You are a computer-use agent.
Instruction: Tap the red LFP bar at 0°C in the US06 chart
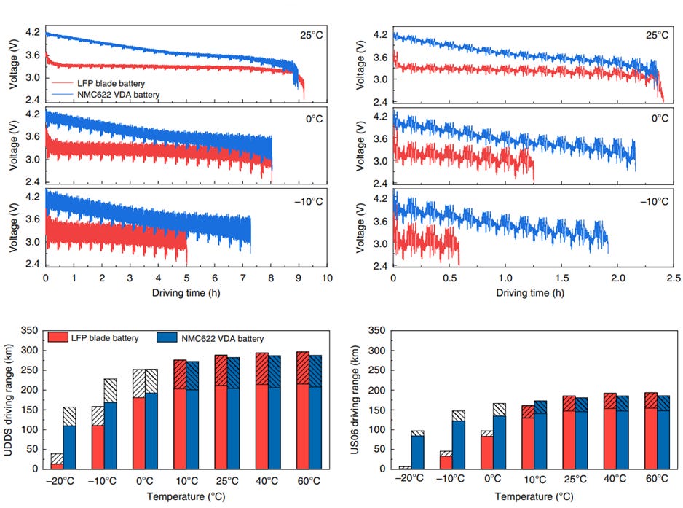(486, 452)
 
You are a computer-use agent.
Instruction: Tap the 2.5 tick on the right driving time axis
(674, 278)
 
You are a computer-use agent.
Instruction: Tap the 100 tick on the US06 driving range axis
(373, 429)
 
